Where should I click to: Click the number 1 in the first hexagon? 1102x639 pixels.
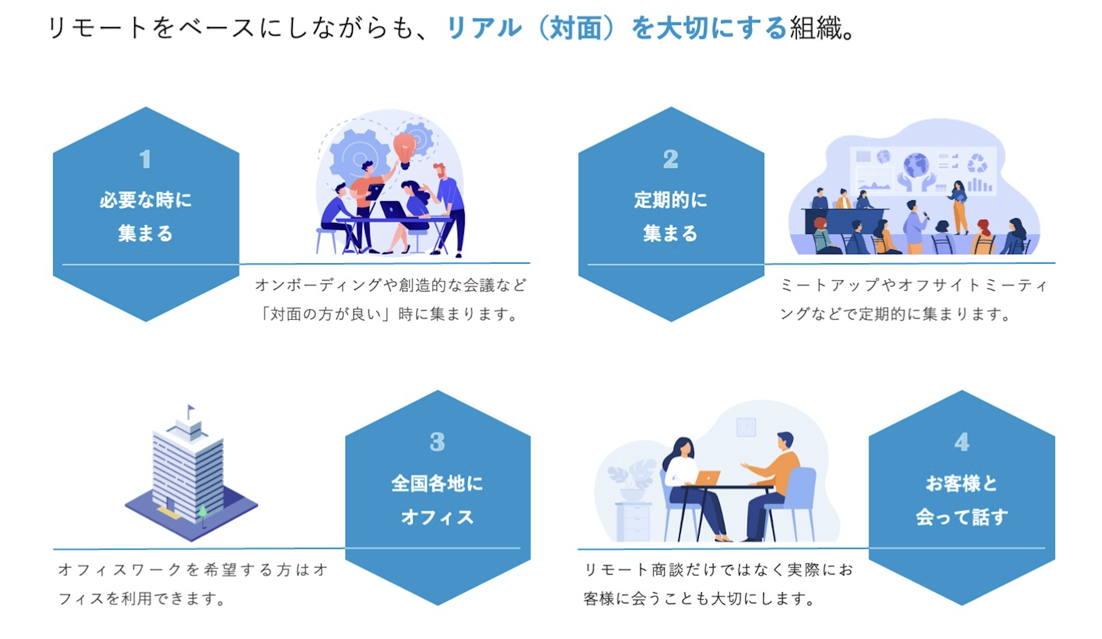click(145, 159)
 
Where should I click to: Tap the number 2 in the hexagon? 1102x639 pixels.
click(670, 159)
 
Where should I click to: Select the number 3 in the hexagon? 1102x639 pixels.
click(437, 442)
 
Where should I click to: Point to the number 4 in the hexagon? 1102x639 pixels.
click(962, 442)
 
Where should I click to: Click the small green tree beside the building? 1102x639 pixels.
click(203, 511)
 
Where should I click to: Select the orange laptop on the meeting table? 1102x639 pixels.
click(707, 478)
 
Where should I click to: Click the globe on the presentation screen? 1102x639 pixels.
click(916, 165)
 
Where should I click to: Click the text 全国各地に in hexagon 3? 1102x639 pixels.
click(437, 484)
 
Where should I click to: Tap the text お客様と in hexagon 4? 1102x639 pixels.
click(962, 484)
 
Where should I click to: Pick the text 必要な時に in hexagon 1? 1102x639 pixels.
click(146, 200)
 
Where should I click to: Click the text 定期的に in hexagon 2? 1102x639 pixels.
click(671, 200)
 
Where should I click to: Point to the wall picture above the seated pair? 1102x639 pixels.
click(746, 427)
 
